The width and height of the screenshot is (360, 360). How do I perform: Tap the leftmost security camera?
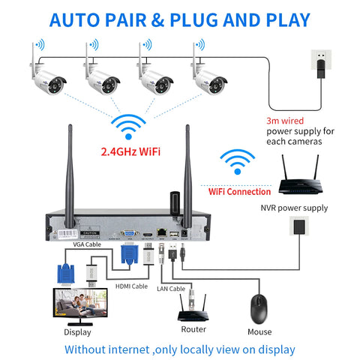tap(46, 74)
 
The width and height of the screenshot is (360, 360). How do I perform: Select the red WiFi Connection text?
tap(238, 191)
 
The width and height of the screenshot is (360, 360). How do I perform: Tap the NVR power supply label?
tap(304, 208)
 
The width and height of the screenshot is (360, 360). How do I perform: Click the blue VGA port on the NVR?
tap(130, 233)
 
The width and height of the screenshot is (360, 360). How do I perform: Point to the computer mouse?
tap(259, 306)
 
